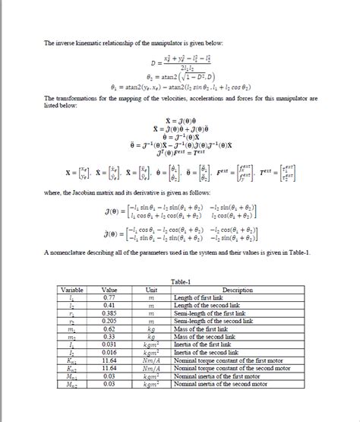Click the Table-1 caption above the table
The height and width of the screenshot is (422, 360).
[x=179, y=281]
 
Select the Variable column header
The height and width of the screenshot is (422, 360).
[x=72, y=290]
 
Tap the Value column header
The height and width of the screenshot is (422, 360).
[x=111, y=290]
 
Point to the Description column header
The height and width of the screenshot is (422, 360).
[x=237, y=290]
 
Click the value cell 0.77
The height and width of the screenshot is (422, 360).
[x=111, y=297]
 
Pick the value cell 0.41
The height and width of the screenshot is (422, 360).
[x=111, y=305]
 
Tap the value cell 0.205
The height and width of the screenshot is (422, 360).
[x=111, y=321]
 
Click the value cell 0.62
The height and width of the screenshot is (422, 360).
[x=111, y=328]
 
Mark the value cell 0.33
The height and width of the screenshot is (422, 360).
[x=111, y=336]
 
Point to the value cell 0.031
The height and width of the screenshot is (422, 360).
[x=111, y=344]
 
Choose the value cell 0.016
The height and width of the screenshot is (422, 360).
[x=111, y=352]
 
